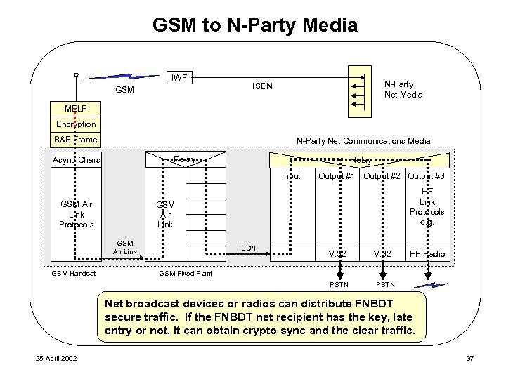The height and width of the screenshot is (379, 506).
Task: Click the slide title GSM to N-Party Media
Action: tap(255, 26)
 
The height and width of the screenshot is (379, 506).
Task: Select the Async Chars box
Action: tap(77, 161)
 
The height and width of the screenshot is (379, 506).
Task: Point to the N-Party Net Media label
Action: tap(402, 89)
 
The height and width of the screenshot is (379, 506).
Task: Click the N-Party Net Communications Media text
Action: tap(363, 140)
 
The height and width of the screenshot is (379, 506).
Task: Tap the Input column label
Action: tap(291, 175)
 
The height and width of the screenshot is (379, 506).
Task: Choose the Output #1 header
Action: tap(335, 175)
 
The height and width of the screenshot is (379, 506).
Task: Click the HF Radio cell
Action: tap(427, 253)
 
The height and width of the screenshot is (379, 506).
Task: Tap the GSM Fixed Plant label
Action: tap(186, 274)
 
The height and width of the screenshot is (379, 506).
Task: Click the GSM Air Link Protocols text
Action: tap(77, 213)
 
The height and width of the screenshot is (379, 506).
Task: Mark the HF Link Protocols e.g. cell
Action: tap(427, 206)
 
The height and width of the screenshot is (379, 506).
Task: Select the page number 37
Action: tap(470, 359)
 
